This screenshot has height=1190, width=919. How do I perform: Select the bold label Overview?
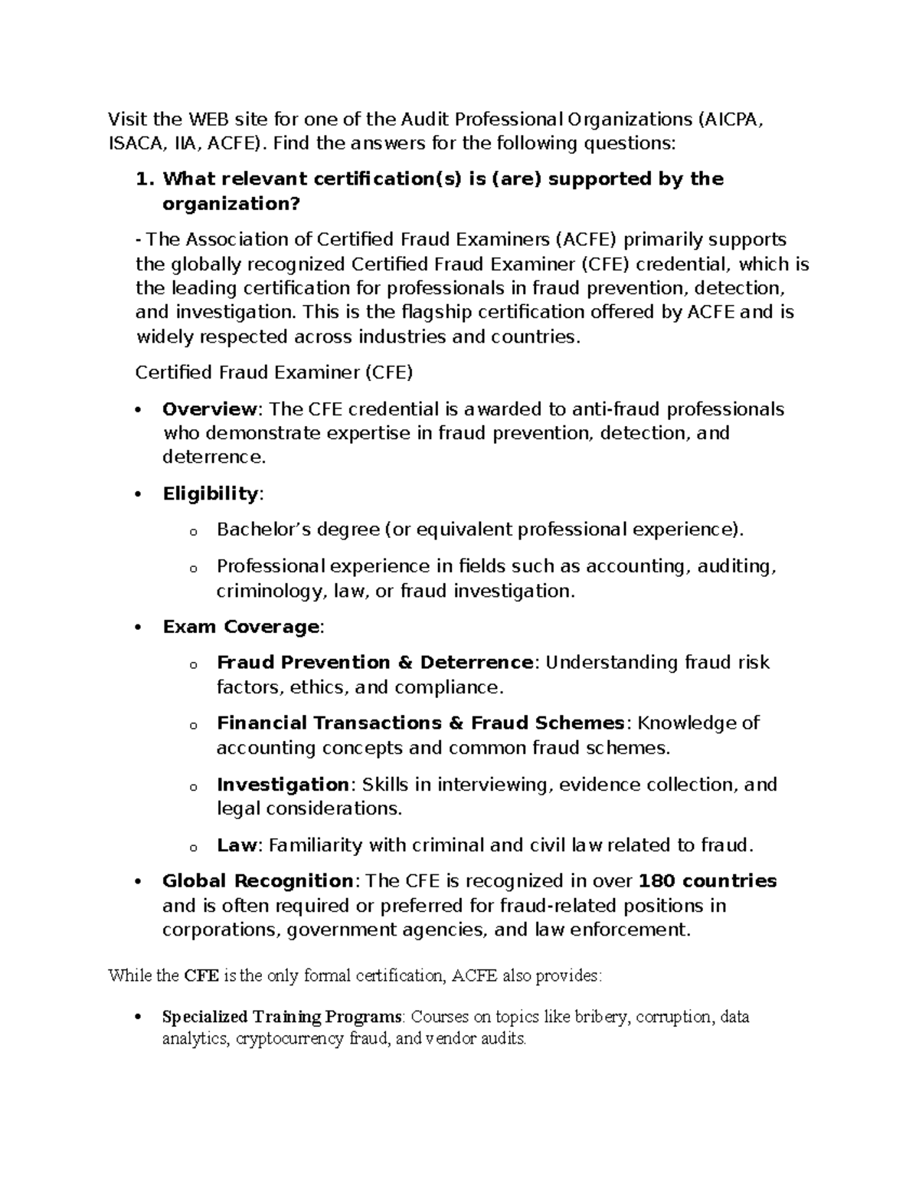tap(211, 409)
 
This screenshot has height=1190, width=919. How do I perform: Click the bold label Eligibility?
tap(211, 493)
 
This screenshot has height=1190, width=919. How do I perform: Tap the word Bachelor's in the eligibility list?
tap(263, 529)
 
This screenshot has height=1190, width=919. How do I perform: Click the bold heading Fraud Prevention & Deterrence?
tap(374, 662)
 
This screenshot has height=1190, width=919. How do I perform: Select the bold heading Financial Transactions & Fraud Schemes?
tap(420, 723)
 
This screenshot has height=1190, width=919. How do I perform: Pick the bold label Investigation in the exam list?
tap(283, 785)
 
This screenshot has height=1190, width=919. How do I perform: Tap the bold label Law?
tap(236, 845)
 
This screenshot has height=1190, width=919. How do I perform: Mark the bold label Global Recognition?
tap(257, 881)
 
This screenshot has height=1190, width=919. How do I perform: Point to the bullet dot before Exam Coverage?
tap(138, 627)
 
